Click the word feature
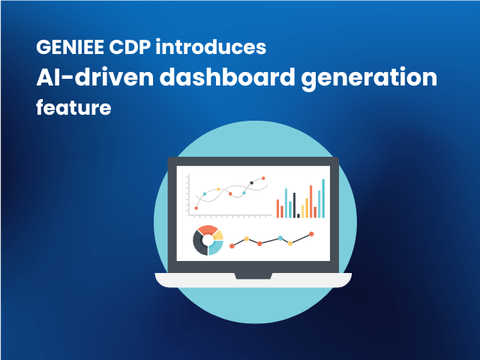click(73, 108)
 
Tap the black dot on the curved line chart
click(251, 182)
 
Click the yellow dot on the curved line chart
click(218, 189)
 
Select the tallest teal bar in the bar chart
click(323, 199)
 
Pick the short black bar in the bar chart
click(298, 215)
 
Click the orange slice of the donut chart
click(206, 230)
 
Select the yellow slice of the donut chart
click(218, 235)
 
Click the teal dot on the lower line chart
click(280, 238)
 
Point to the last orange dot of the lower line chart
click(311, 234)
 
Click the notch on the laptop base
click(253, 276)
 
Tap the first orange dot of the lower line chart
click(232, 245)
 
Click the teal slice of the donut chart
click(216, 247)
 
